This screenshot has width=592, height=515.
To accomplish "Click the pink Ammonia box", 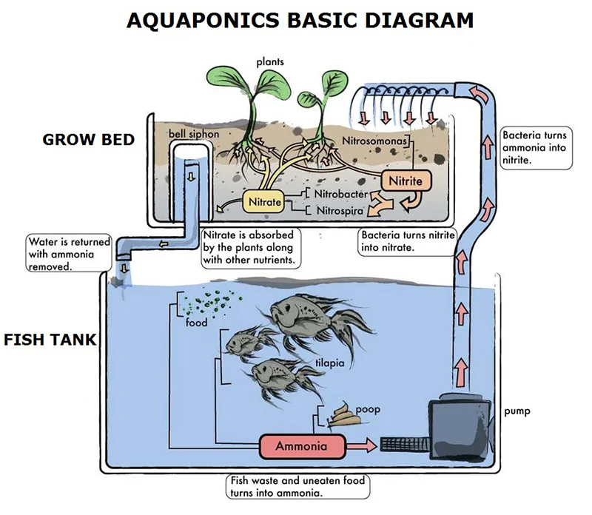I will click(x=302, y=446).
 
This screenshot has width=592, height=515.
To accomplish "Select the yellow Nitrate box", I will click(x=264, y=201).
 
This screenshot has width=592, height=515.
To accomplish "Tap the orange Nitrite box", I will click(x=405, y=180).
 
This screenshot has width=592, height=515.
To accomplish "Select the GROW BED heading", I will click(x=89, y=139).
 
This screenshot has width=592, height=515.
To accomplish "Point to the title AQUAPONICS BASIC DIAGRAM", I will click(x=300, y=19).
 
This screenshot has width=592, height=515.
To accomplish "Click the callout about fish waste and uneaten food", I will click(x=296, y=486).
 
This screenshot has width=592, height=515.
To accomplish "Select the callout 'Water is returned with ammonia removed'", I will click(x=68, y=254).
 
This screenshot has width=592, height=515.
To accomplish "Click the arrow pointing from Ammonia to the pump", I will click(x=361, y=445).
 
